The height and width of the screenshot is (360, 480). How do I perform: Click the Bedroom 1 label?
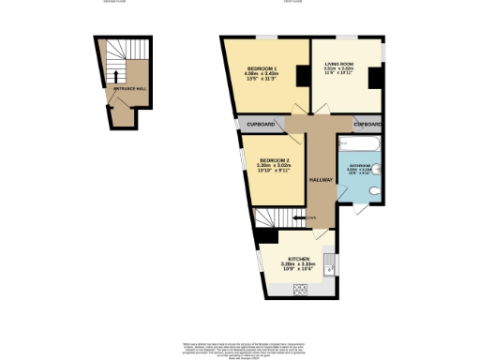click(259, 68)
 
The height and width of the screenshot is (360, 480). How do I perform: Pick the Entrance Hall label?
click(128, 89)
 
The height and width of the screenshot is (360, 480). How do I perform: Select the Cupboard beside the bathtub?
click(367, 125)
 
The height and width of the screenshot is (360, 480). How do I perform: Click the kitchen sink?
click(329, 259)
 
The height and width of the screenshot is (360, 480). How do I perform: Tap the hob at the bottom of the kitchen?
click(303, 288)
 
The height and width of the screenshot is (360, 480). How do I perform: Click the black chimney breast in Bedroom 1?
click(302, 77)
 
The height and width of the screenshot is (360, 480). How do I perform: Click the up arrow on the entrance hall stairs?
click(115, 77)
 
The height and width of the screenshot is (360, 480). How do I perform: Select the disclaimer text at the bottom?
click(240, 348)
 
